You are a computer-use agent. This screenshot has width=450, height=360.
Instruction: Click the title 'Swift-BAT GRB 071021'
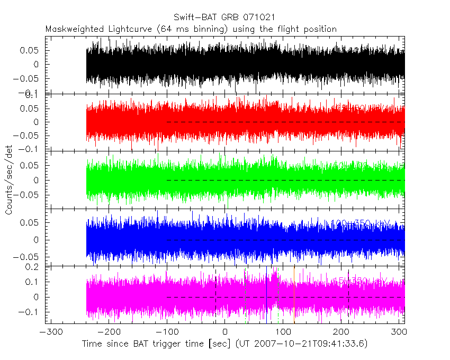point(224,17)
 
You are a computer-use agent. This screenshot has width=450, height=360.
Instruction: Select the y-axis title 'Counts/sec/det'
point(8,181)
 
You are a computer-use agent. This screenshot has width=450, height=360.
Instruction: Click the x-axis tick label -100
point(167,332)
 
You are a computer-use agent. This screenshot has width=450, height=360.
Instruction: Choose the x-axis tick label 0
point(225,332)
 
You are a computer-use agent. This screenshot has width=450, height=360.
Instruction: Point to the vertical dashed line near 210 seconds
point(348,296)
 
